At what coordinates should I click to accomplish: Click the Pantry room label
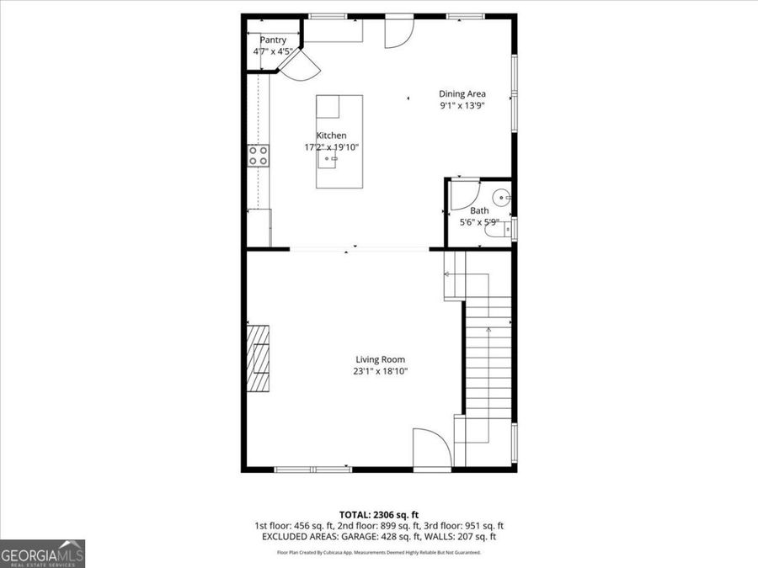(x=273, y=40)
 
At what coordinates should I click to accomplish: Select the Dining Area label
(x=462, y=94)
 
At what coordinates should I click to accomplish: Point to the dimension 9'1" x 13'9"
(x=462, y=106)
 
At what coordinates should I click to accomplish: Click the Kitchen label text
(x=331, y=135)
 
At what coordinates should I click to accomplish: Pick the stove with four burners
(x=259, y=155)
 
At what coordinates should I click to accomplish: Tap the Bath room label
(x=479, y=211)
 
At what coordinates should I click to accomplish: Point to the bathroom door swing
(x=462, y=193)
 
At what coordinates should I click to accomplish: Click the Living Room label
(x=381, y=359)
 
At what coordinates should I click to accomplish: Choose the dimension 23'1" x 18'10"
(x=381, y=371)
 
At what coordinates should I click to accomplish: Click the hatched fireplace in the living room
(x=259, y=358)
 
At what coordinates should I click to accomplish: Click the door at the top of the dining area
(x=398, y=32)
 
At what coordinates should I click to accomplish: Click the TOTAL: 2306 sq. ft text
(x=378, y=513)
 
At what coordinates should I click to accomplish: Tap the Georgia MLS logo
(x=42, y=554)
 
